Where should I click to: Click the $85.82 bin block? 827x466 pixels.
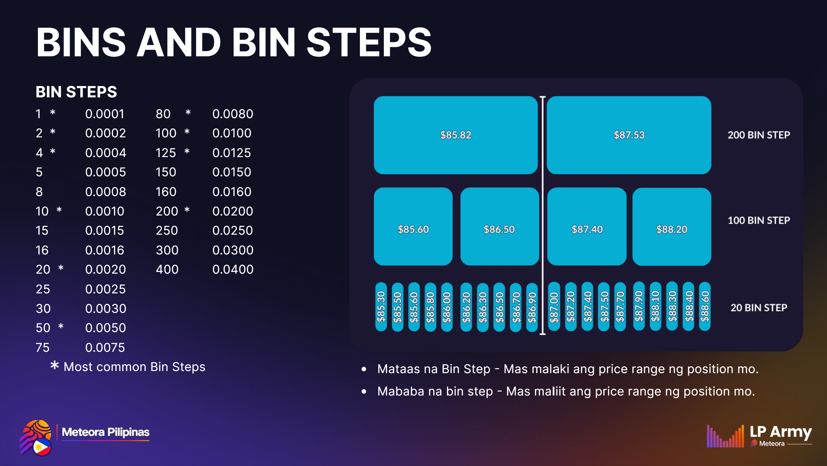pyautogui.click(x=456, y=135)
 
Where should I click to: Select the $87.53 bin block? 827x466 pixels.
pyautogui.click(x=629, y=135)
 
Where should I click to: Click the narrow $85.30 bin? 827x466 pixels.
pyautogui.click(x=381, y=307)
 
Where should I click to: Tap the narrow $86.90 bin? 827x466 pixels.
pyautogui.click(x=532, y=307)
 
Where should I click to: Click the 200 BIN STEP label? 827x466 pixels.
pyautogui.click(x=759, y=135)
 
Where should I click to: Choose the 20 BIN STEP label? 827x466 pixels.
pyautogui.click(x=759, y=308)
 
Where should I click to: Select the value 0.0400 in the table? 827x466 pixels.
pyautogui.click(x=233, y=269)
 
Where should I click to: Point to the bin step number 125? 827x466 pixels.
pyautogui.click(x=166, y=153)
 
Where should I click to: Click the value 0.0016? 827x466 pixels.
pyautogui.click(x=105, y=250)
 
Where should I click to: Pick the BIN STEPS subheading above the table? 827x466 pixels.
pyautogui.click(x=76, y=92)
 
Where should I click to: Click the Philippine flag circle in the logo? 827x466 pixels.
pyautogui.click(x=42, y=447)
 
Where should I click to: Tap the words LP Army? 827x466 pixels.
pyautogui.click(x=781, y=432)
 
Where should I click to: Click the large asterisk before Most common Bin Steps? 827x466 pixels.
pyautogui.click(x=54, y=365)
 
